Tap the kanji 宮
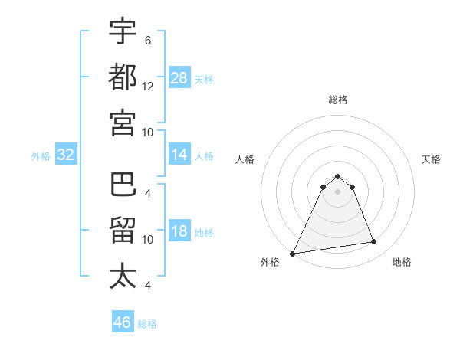tap(123, 123)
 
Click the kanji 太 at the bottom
tap(123, 277)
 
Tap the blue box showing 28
tap(179, 77)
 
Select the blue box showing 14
tap(179, 155)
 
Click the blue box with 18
tap(179, 232)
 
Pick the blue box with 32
tap(66, 155)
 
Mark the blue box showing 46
tap(123, 322)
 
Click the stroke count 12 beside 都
tap(148, 86)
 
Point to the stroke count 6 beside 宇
tap(147, 40)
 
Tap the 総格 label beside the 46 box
tap(147, 324)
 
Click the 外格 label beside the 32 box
tap(41, 156)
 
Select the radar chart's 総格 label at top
tap(338, 100)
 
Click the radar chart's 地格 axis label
tap(402, 262)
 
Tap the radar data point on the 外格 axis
tap(293, 254)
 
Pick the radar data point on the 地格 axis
tap(374, 242)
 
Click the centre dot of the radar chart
tap(338, 191)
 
